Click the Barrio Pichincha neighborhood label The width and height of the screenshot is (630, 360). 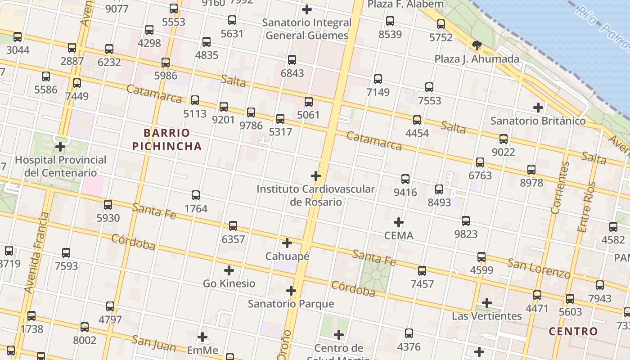click(172, 139)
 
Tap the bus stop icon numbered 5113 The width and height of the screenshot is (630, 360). click(195, 100)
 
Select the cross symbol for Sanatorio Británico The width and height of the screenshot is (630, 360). click(538, 108)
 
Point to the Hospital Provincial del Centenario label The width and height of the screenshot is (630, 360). click(61, 166)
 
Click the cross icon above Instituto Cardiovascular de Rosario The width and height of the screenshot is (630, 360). click(316, 176)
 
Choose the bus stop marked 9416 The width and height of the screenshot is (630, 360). click(405, 179)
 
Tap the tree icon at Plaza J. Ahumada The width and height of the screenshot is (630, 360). click(477, 45)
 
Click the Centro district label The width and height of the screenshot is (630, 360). click(573, 332)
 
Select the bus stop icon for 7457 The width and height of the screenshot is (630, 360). click(422, 271)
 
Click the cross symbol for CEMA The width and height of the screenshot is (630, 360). click(399, 222)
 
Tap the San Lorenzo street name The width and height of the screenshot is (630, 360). click(539, 268)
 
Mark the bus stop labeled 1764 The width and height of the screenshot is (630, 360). click(196, 195)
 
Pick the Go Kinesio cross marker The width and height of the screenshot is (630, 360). click(229, 270)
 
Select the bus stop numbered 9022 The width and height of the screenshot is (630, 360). click(504, 139)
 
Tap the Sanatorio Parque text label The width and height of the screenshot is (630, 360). click(291, 304)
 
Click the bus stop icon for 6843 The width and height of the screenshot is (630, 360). click(292, 60)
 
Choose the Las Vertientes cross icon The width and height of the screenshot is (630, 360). click(486, 303)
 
